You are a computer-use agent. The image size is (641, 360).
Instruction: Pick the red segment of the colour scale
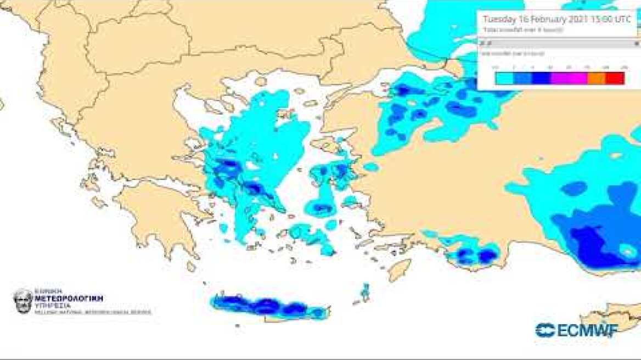pyautogui.click(x=615, y=78)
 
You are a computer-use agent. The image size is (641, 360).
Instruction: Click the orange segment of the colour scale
pyautogui.click(x=597, y=78)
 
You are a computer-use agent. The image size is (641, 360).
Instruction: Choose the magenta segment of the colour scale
pyautogui.click(x=569, y=78)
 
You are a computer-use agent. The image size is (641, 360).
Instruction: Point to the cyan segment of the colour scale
pyautogui.click(x=504, y=78)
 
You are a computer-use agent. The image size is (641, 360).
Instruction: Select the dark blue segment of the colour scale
pyautogui.click(x=541, y=78)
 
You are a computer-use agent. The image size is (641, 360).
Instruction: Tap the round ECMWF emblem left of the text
pyautogui.click(x=545, y=330)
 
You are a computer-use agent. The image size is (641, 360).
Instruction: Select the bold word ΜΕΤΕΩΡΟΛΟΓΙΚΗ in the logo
pyautogui.click(x=69, y=298)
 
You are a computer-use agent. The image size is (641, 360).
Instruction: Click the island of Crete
pyautogui.click(x=269, y=307)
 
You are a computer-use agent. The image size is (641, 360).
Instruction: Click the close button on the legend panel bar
pyautogui.click(x=637, y=43)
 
